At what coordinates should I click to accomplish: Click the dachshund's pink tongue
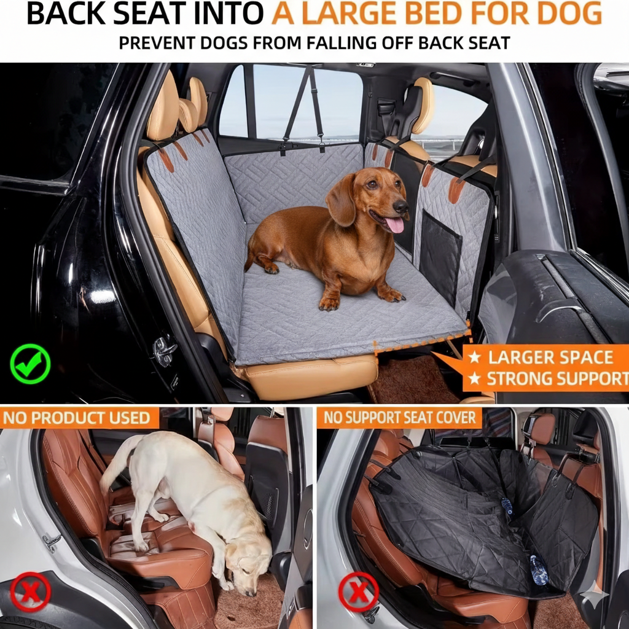[394, 224]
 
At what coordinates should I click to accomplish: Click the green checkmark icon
[30, 364]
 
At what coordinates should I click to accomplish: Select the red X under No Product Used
[30, 592]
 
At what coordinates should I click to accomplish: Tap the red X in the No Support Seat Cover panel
[358, 592]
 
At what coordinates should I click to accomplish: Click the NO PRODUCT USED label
[77, 418]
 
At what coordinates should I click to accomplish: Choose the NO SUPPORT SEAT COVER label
[399, 418]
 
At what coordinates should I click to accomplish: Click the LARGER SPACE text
[550, 357]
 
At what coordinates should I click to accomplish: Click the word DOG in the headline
[573, 15]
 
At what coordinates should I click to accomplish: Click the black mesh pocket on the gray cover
[440, 257]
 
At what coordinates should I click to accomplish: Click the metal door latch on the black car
[164, 351]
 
